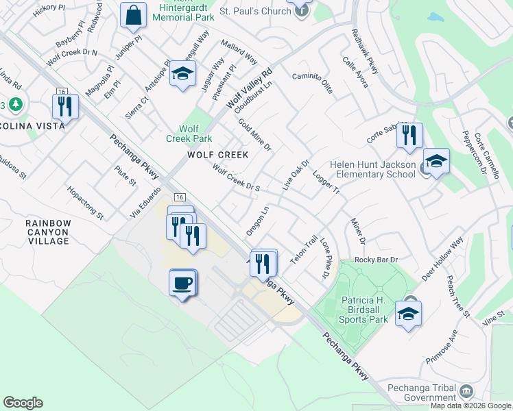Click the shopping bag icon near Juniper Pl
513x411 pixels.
(133, 15)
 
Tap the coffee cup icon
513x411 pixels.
(182, 283)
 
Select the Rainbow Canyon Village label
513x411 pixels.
(48, 232)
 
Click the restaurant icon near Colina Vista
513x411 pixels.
(65, 107)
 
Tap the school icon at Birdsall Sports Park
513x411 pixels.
(408, 314)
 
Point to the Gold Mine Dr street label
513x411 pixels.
(255, 136)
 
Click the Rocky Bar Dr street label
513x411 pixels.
(376, 260)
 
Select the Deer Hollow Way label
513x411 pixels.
(443, 259)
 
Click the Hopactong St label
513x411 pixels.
(85, 202)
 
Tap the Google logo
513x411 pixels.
(23, 403)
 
